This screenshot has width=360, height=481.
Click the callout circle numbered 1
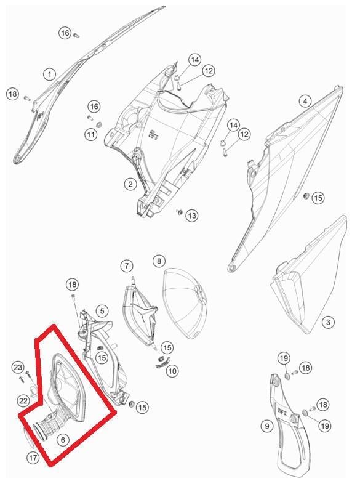[x=49, y=75]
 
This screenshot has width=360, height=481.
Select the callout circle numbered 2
[x=130, y=184]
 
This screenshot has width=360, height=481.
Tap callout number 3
[x=328, y=322]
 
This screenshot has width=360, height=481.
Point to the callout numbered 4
[x=305, y=101]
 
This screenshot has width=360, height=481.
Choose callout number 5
[x=102, y=311]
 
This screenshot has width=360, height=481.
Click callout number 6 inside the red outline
[x=63, y=440]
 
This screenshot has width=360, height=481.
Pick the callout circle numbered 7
[x=127, y=265]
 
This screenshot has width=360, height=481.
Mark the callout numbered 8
[x=159, y=261]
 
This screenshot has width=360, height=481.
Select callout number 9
[x=267, y=426]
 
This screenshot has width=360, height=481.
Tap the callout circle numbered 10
[x=172, y=371]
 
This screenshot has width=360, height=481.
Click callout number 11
[x=90, y=134]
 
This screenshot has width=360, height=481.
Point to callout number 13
[x=192, y=216]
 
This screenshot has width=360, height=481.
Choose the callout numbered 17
[x=33, y=458]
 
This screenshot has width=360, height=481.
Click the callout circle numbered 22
[x=23, y=401]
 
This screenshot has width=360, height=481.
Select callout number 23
[x=18, y=368]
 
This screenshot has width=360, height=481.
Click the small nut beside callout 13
[x=180, y=212]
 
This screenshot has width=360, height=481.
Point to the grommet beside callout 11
[x=99, y=125]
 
